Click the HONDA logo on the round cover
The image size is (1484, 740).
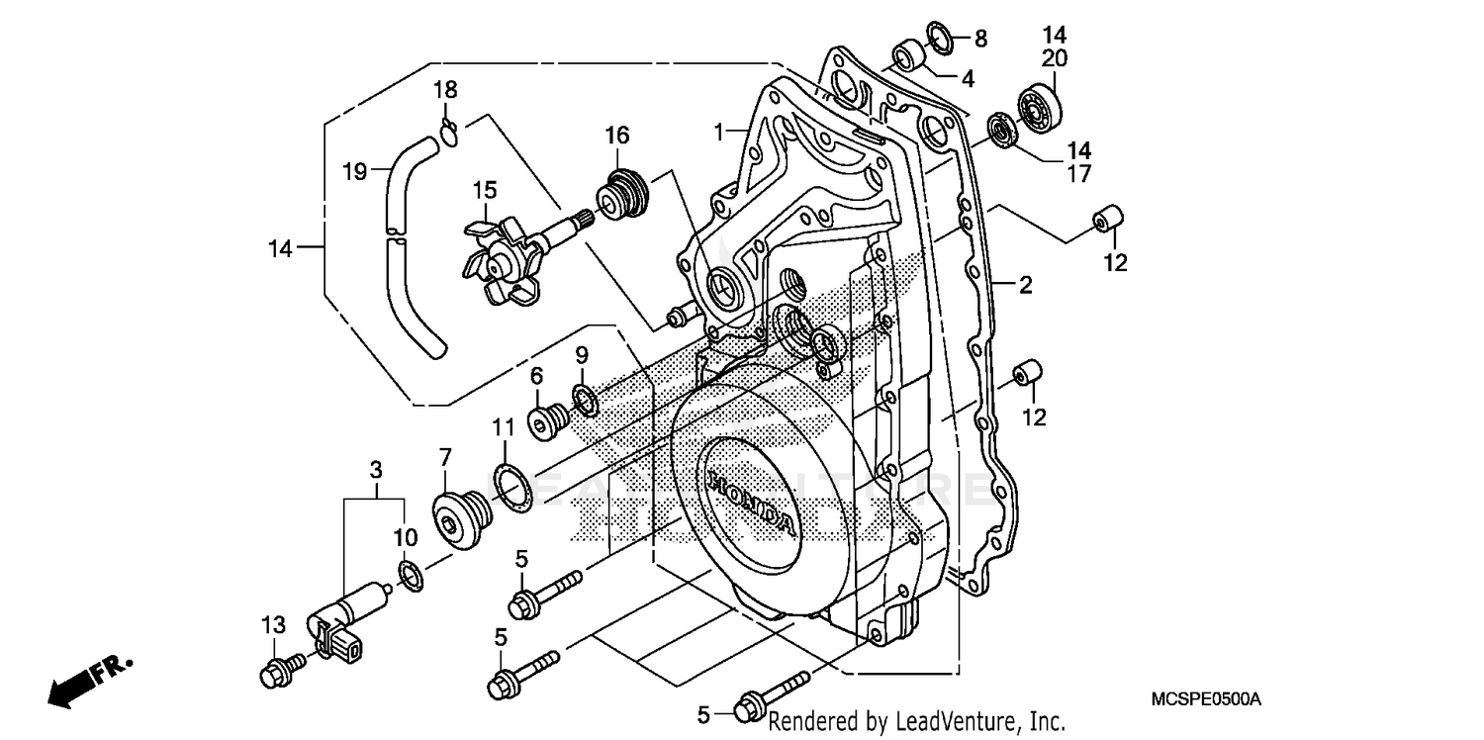750,503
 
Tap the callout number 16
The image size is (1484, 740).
617,136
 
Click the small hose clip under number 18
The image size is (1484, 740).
449,131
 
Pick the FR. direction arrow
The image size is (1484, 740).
90,680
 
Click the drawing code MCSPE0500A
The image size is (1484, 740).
1205,698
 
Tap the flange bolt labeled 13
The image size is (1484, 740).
276,672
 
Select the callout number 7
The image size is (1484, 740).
445,457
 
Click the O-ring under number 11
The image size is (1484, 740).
511,488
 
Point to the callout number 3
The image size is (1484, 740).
375,468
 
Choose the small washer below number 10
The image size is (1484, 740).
411,576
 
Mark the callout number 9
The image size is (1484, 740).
582,354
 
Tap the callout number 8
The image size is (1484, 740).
980,39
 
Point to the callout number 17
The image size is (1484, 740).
1078,174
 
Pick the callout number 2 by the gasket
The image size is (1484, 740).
1025,286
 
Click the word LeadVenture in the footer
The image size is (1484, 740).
955,722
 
